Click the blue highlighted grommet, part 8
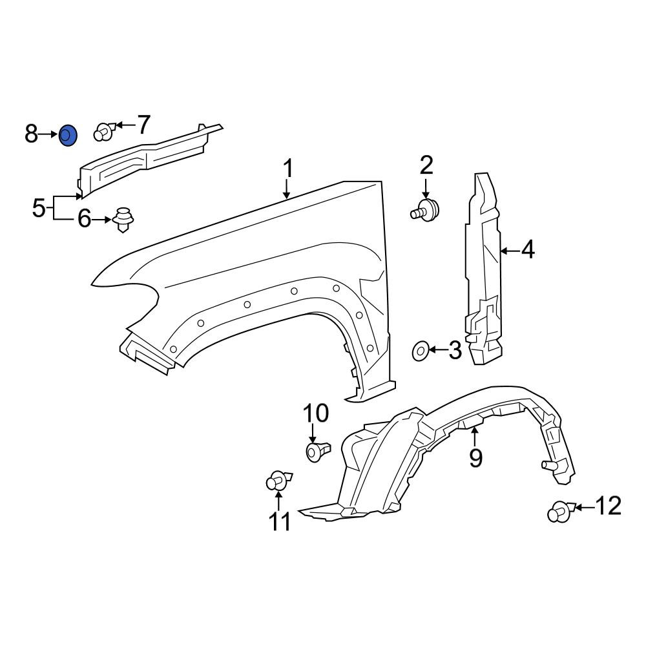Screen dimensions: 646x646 point(68,136)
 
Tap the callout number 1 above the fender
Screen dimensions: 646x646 point(288,169)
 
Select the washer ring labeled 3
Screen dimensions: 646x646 point(421,351)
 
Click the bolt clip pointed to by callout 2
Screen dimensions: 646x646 point(425,210)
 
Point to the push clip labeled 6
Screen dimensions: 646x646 point(122,219)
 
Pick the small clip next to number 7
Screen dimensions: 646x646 point(105,131)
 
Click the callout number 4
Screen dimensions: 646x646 point(528,249)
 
